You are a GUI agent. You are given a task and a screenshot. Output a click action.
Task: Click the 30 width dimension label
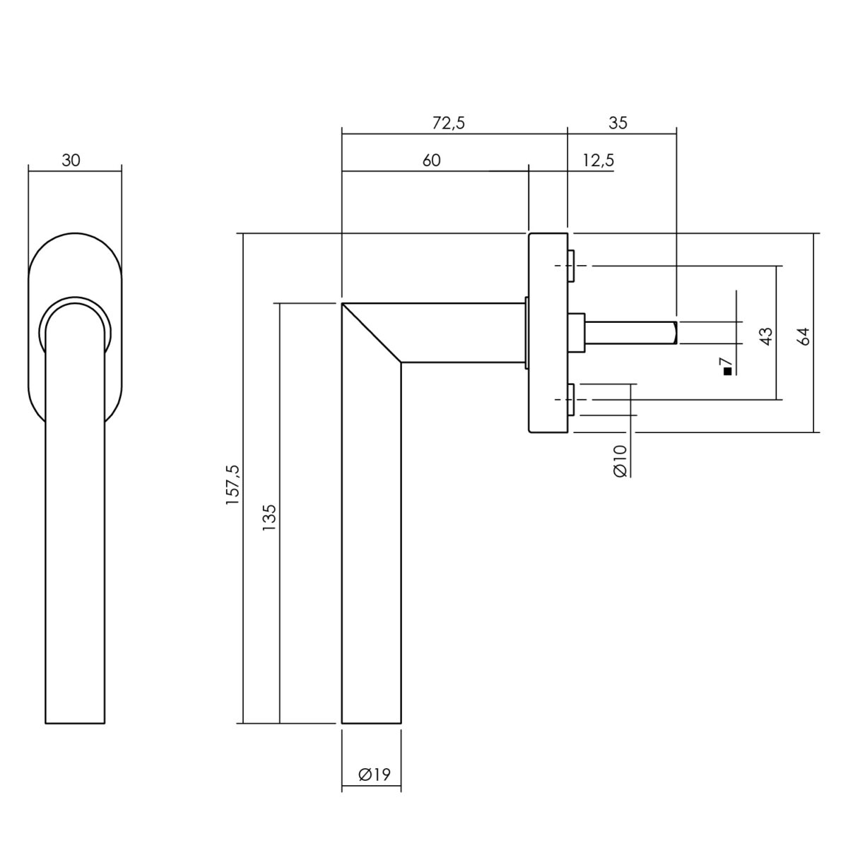(x=71, y=160)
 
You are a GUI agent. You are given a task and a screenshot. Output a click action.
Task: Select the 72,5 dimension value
(x=448, y=124)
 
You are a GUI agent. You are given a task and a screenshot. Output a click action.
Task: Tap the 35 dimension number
(x=618, y=123)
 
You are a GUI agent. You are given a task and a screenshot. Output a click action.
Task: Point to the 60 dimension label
(x=431, y=160)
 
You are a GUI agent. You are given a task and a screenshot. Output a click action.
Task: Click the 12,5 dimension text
(x=598, y=161)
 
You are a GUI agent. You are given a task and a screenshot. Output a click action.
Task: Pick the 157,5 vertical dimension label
(x=232, y=485)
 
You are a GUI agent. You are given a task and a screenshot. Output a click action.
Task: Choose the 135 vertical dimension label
(x=269, y=517)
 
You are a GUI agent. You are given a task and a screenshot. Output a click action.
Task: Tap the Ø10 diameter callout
(x=620, y=461)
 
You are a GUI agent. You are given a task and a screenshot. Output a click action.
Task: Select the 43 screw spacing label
(x=766, y=336)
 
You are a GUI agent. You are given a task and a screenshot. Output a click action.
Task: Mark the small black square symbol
(x=727, y=372)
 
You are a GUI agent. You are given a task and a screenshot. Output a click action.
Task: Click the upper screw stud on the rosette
(x=571, y=266)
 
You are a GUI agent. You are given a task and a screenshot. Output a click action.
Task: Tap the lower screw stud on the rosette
(x=571, y=399)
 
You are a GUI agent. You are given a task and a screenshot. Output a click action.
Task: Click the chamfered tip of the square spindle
(x=675, y=333)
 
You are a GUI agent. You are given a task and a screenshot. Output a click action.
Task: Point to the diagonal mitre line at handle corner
(x=372, y=333)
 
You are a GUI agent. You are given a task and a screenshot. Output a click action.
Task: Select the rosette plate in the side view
(x=548, y=332)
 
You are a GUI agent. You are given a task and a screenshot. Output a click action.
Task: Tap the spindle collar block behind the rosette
(x=576, y=333)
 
